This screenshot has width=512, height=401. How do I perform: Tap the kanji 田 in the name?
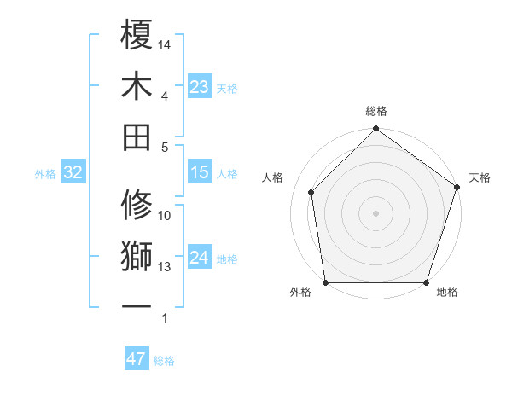point(137,137)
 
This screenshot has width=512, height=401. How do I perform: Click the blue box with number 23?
point(200,87)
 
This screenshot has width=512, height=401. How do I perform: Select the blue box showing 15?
point(200,172)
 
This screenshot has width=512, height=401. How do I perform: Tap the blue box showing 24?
point(200,258)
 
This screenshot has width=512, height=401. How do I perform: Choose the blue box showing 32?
point(73,172)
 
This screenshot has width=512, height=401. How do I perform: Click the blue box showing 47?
point(137,359)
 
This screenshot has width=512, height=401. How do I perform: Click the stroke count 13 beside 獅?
point(165,267)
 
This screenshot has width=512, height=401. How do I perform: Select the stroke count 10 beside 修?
point(165,216)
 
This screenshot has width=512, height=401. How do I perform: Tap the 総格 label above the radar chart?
point(376,112)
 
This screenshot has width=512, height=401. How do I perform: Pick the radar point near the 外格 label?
point(325,282)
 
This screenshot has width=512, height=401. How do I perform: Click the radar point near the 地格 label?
point(427,282)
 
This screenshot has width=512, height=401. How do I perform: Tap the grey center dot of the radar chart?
point(375,212)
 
